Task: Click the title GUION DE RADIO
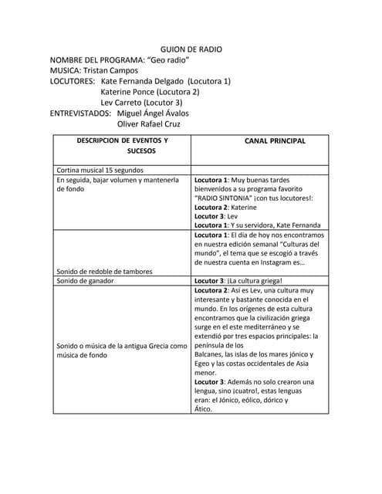pos(191,49)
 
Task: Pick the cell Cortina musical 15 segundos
pos(100,170)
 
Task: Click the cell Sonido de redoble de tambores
pos(105,272)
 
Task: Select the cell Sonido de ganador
pos(86,281)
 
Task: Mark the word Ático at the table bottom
pos(203,409)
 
